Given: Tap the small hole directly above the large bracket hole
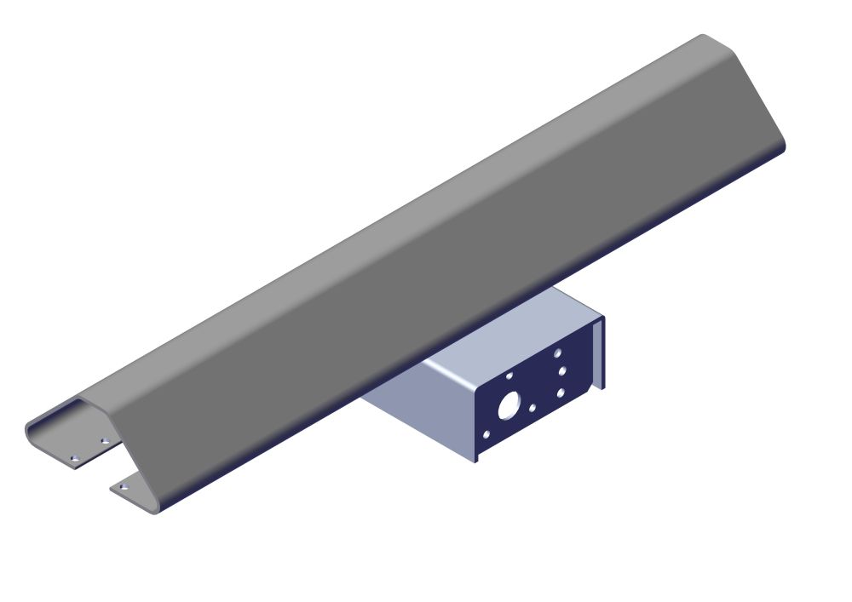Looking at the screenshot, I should [x=509, y=375].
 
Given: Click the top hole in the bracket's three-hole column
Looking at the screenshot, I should [x=557, y=352].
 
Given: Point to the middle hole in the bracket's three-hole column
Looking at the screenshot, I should [x=561, y=371].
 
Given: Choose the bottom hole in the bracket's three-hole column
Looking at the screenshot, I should [x=561, y=393].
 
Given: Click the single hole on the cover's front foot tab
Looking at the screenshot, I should [x=123, y=487].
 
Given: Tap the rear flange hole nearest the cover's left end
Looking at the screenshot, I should [x=74, y=458].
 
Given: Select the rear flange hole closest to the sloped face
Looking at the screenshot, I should [x=105, y=441].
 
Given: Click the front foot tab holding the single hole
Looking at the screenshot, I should [x=132, y=490].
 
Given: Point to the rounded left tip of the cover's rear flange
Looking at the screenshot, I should [x=30, y=430].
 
